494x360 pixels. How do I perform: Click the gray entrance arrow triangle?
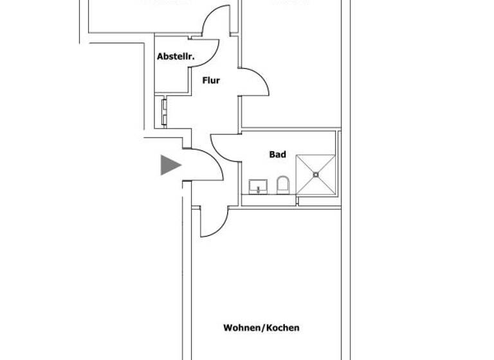pyautogui.click(x=169, y=165)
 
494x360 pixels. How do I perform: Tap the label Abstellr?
pyautogui.click(x=176, y=57)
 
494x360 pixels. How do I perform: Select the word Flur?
pyautogui.click(x=211, y=81)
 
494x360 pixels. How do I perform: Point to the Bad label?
pyautogui.click(x=277, y=155)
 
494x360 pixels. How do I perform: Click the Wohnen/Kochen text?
pyautogui.click(x=261, y=328)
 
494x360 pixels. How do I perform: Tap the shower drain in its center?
pyautogui.click(x=316, y=174)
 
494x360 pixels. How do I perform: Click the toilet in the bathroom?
pyautogui.click(x=283, y=186)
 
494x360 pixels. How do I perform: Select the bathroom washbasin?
pyautogui.click(x=259, y=187)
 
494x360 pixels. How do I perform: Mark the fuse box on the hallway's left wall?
pyautogui.click(x=164, y=111)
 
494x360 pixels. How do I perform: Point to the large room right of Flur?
pyautogui.click(x=289, y=64)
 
